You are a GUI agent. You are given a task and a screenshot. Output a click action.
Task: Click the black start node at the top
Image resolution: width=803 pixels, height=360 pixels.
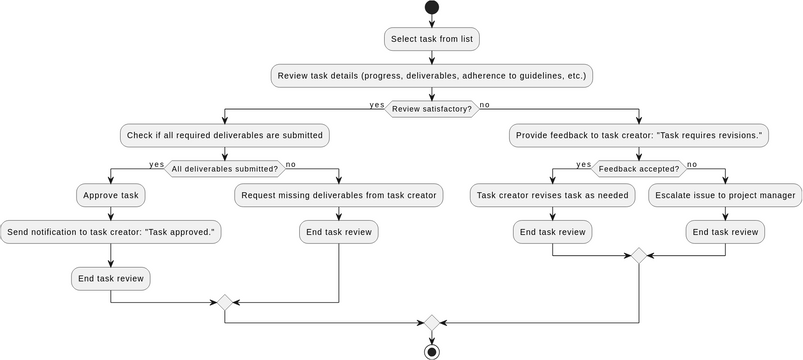pyautogui.click(x=431, y=8)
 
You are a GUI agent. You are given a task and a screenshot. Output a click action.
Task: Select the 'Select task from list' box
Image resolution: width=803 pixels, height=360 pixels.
pyautogui.click(x=431, y=39)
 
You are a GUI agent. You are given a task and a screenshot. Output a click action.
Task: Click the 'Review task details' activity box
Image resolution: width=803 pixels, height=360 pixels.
pyautogui.click(x=431, y=75)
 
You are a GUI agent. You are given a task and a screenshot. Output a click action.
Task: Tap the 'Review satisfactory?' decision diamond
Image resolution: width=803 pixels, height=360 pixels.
pyautogui.click(x=431, y=108)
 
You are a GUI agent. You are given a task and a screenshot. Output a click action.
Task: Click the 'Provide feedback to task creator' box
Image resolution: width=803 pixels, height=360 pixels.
pyautogui.click(x=639, y=135)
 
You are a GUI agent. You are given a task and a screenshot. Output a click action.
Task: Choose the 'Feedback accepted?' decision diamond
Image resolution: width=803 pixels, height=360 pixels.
pyautogui.click(x=639, y=169)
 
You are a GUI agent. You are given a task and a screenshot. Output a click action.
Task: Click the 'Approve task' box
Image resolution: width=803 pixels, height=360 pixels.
pyautogui.click(x=110, y=195)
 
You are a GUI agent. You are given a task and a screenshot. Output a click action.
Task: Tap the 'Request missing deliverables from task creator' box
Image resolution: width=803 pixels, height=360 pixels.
pyautogui.click(x=339, y=195)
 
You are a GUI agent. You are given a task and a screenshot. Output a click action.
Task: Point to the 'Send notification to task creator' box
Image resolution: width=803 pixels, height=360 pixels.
pyautogui.click(x=110, y=232)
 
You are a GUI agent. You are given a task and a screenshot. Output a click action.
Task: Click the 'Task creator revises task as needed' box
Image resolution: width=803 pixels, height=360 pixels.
pyautogui.click(x=553, y=195)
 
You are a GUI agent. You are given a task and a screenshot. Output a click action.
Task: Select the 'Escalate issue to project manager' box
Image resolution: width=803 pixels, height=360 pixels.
pyautogui.click(x=725, y=195)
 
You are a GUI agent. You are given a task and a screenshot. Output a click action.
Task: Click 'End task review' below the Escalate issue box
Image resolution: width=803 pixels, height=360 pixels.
pyautogui.click(x=725, y=232)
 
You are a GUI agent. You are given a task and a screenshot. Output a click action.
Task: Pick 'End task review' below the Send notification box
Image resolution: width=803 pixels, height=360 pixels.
pyautogui.click(x=110, y=278)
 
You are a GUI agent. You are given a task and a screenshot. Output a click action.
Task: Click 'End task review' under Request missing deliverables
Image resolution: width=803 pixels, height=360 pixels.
pyautogui.click(x=339, y=232)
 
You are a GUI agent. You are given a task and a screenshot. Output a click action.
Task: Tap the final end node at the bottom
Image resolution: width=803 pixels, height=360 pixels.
pyautogui.click(x=431, y=351)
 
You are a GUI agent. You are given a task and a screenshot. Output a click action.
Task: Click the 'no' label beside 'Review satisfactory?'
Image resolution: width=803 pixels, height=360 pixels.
pyautogui.click(x=485, y=104)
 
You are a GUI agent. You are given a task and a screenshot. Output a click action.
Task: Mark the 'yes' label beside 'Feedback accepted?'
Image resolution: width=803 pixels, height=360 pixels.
pyautogui.click(x=584, y=164)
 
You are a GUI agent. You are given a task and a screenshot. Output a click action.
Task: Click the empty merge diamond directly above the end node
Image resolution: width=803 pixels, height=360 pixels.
pyautogui.click(x=431, y=322)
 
